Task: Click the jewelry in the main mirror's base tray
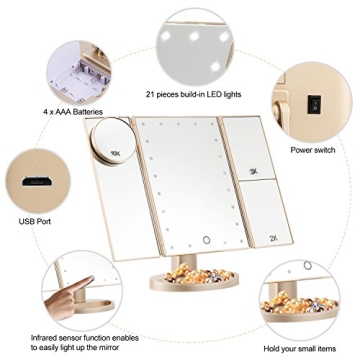click(x=206, y=299)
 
